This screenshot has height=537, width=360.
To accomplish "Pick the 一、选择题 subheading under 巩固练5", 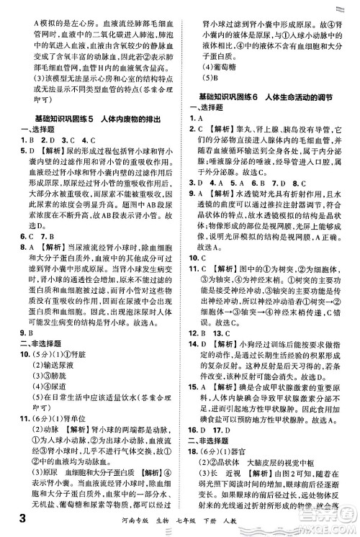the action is [34, 130].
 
